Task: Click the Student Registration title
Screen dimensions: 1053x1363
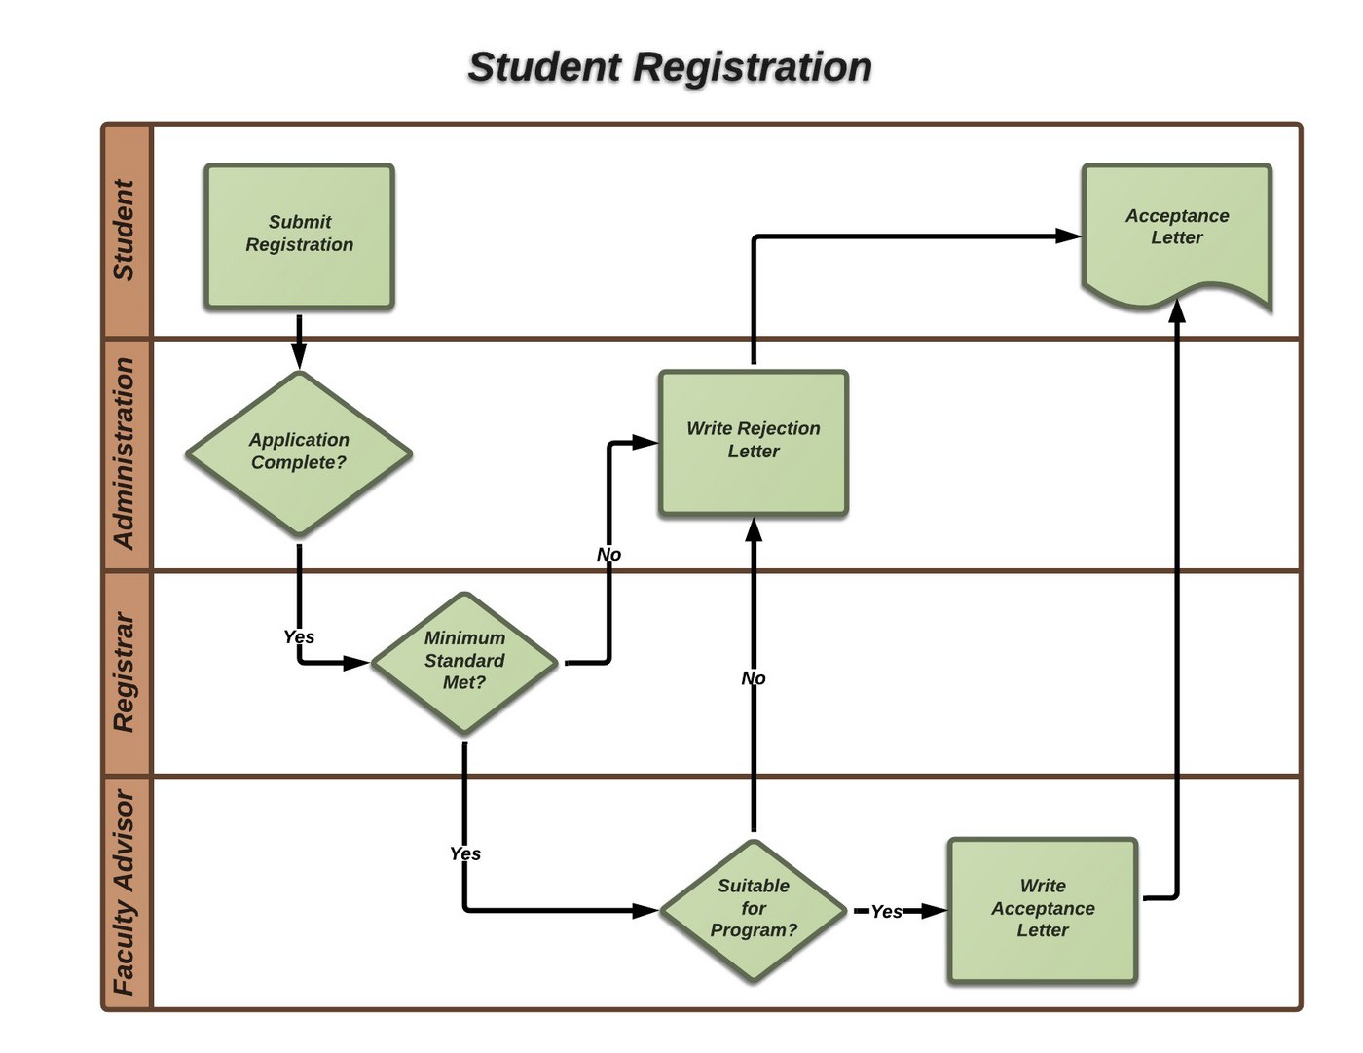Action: tap(670, 67)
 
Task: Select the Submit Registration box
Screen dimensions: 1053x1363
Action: tap(299, 236)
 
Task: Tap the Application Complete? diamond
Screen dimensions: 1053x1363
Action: tap(299, 453)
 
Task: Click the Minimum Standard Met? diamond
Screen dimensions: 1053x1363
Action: tap(464, 662)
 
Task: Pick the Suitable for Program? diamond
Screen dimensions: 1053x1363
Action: tap(753, 910)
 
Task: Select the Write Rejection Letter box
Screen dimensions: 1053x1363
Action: tap(753, 442)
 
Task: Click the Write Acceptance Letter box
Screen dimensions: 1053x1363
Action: tap(1042, 910)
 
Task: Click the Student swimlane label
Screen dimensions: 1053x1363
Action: tap(125, 231)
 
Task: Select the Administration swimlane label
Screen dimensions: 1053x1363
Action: tap(125, 454)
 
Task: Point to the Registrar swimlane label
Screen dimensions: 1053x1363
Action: tap(125, 672)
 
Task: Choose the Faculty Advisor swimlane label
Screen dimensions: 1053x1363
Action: tap(125, 892)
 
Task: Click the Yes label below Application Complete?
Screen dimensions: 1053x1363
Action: tap(299, 636)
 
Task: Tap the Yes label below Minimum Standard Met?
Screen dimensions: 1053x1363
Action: tap(464, 853)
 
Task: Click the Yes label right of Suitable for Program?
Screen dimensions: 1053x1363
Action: tap(886, 911)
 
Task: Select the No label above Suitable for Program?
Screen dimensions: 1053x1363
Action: tap(753, 678)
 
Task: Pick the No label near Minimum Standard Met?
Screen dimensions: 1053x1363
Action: tap(608, 555)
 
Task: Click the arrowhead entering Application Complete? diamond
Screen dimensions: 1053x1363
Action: tap(299, 361)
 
